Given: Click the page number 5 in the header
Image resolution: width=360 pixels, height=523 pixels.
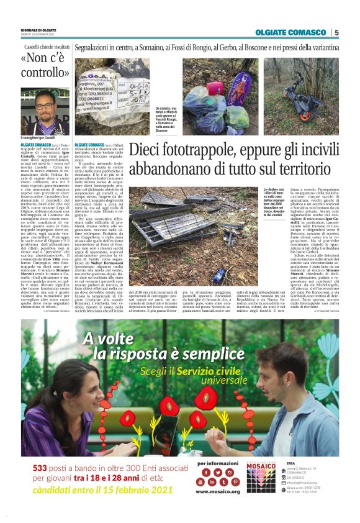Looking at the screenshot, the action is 336,32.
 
